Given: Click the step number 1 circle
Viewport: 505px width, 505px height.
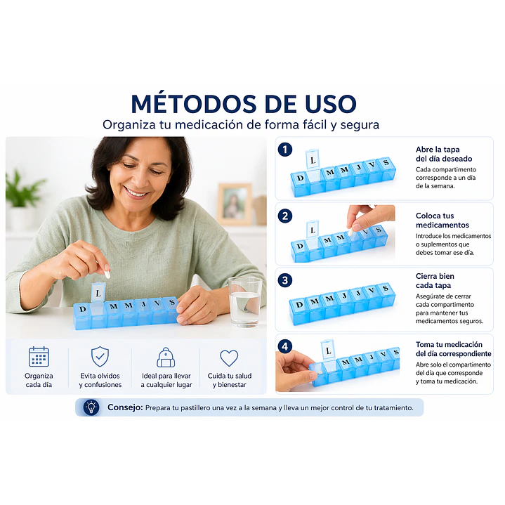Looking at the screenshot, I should coord(285,150).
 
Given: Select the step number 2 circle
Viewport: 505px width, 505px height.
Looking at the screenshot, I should coord(285,216).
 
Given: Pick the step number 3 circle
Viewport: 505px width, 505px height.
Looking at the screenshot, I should coord(285,280).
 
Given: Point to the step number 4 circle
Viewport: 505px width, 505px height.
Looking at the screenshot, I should coord(285,346).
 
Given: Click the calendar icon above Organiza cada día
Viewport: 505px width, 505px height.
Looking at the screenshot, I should coord(39,357).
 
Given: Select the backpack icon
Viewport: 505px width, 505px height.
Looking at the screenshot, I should coord(166,357).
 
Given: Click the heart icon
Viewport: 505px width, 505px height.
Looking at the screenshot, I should coord(229,358).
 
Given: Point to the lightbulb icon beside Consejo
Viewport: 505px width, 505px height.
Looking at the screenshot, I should coord(91,407).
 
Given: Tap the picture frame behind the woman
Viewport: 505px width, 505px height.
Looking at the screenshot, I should coord(234,203).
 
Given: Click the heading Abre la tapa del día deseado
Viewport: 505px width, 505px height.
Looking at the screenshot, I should coord(438,154).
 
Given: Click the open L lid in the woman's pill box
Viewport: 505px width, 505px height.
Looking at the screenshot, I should coord(98,289).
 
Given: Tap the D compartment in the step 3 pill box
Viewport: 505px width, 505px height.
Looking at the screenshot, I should coord(300,305).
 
